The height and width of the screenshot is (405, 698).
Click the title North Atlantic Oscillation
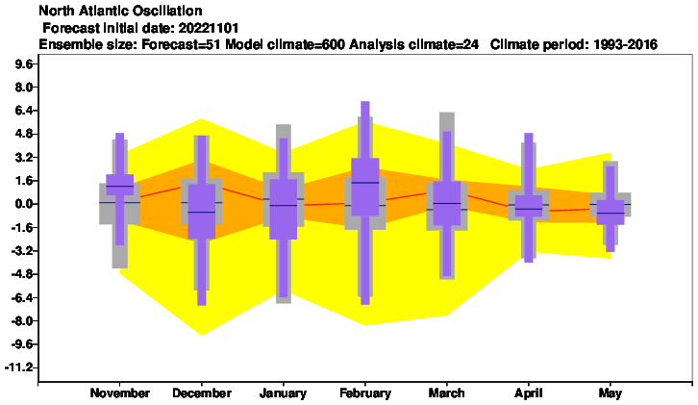click(120, 11)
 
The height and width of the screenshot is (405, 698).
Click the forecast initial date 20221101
click(209, 28)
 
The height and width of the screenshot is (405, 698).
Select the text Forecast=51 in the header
click(182, 44)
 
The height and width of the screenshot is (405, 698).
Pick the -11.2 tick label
click(19, 367)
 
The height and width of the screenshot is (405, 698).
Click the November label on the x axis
click(120, 392)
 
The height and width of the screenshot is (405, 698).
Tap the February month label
click(365, 392)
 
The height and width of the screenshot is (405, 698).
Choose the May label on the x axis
click(610, 392)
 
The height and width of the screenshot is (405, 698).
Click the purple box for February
click(365, 187)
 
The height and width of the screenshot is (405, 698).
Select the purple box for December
click(202, 212)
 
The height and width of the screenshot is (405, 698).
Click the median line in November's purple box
click(120, 186)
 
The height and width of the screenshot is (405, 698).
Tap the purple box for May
click(611, 212)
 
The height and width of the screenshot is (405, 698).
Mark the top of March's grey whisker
click(447, 113)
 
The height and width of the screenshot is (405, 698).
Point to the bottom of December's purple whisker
click(202, 305)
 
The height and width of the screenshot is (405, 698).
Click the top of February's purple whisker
click(365, 102)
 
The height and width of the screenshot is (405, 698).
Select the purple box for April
click(529, 206)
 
